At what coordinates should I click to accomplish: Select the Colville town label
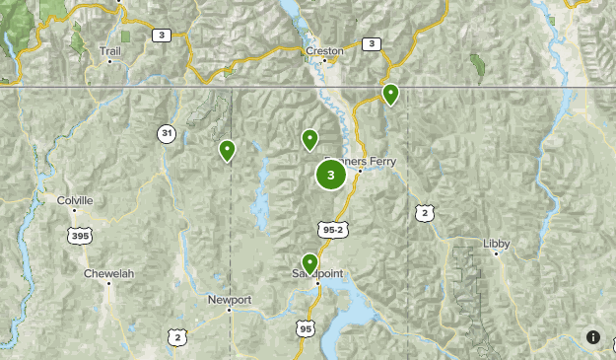[75, 200]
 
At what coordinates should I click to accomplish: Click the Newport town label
[230, 299]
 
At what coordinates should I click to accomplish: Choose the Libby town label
[497, 243]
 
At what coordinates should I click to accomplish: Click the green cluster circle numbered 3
[330, 176]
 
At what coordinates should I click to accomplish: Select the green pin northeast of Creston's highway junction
[390, 94]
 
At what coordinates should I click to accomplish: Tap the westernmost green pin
[228, 150]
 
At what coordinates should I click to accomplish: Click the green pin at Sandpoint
[310, 262]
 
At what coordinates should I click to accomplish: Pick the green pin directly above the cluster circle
[309, 140]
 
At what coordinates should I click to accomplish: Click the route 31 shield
[168, 132]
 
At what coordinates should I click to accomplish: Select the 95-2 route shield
[333, 230]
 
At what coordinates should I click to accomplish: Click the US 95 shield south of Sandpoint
[306, 328]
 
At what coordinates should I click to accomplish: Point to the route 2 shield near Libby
[424, 212]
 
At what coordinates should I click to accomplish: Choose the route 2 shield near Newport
[177, 337]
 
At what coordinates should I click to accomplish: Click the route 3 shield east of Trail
[161, 35]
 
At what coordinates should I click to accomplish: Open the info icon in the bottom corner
[593, 337]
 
